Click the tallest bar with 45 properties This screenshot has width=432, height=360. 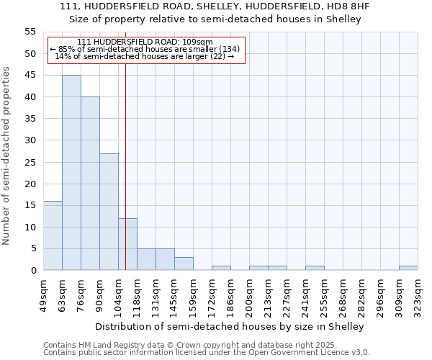click(x=71, y=173)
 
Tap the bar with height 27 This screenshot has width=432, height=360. click(x=109, y=212)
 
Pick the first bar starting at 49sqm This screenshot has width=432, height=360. click(x=53, y=235)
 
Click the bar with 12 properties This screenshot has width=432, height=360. click(x=127, y=244)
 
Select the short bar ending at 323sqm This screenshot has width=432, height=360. click(x=408, y=268)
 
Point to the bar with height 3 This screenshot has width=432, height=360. click(x=184, y=264)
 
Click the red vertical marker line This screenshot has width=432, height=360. click(x=125, y=144)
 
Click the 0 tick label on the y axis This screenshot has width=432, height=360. click(x=32, y=271)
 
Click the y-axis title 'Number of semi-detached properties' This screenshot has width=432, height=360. click(x=6, y=156)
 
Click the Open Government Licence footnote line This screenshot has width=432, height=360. click(x=207, y=353)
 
